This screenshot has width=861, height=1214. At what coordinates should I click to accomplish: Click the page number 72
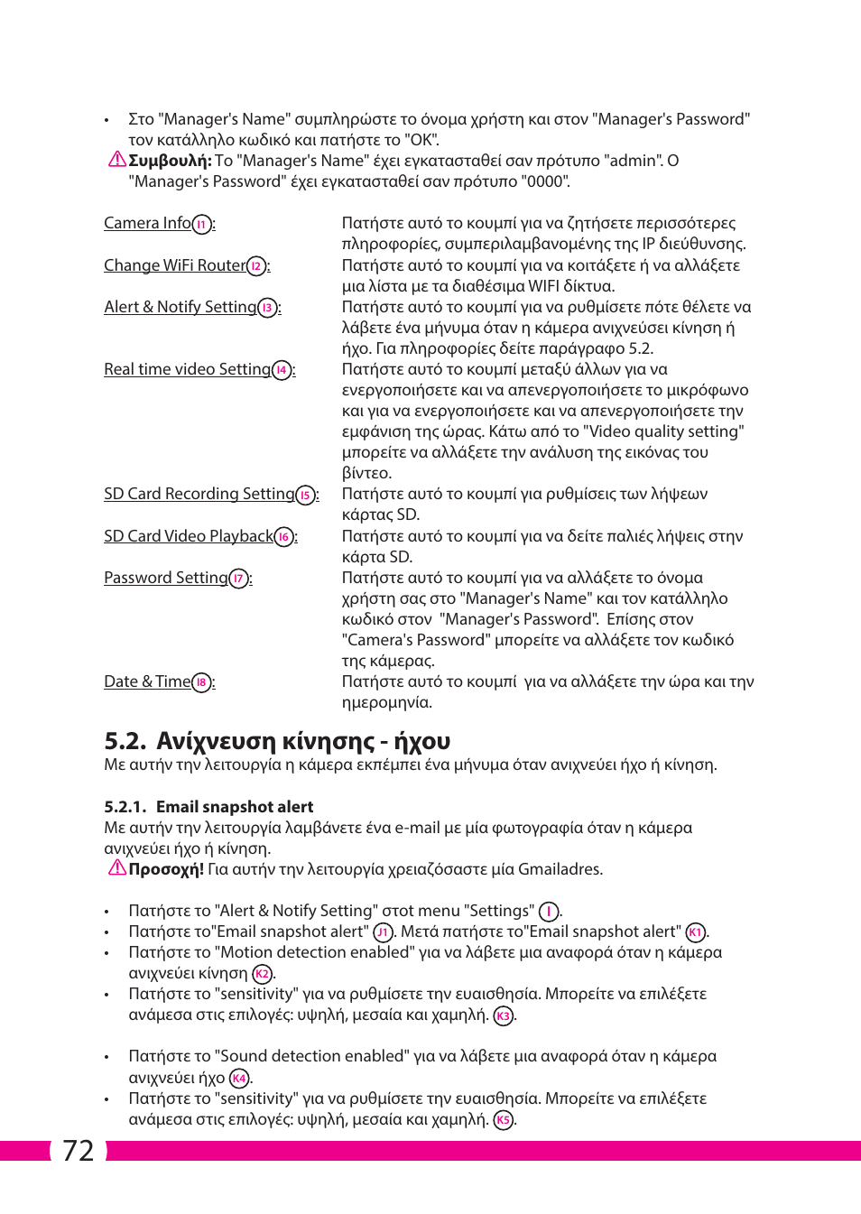pyautogui.click(x=79, y=1151)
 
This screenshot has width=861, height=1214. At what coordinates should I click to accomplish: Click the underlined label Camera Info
pyautogui.click(x=147, y=223)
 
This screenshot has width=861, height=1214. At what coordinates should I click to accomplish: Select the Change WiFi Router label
pyautogui.click(x=174, y=265)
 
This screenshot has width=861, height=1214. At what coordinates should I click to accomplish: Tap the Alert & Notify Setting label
pyautogui.click(x=180, y=307)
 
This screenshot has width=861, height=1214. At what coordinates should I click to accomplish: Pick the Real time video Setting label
pyautogui.click(x=187, y=369)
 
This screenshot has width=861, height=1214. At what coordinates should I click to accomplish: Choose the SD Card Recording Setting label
pyautogui.click(x=199, y=494)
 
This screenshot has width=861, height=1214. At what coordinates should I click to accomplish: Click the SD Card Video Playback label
pyautogui.click(x=188, y=536)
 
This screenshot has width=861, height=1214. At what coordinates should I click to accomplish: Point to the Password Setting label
pyautogui.click(x=165, y=578)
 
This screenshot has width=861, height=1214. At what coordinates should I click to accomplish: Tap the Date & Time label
pyautogui.click(x=147, y=681)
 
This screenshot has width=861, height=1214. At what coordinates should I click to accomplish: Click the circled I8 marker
pyautogui.click(x=202, y=683)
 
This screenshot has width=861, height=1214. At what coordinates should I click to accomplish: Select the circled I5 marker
pyautogui.click(x=306, y=496)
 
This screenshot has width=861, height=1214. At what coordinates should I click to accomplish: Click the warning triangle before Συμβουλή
pyautogui.click(x=117, y=160)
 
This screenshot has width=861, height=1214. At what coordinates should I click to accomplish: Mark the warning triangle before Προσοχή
pyautogui.click(x=117, y=868)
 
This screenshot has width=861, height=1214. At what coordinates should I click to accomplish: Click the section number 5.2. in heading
pyautogui.click(x=125, y=741)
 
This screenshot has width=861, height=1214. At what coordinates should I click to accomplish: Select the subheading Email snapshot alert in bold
pyautogui.click(x=235, y=807)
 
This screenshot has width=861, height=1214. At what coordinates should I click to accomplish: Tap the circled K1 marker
pyautogui.click(x=695, y=932)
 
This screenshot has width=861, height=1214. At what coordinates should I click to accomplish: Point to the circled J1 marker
pyautogui.click(x=383, y=932)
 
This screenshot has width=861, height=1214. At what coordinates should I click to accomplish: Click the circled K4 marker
pyautogui.click(x=239, y=1079)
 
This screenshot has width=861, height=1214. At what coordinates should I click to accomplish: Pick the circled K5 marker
pyautogui.click(x=504, y=1120)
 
